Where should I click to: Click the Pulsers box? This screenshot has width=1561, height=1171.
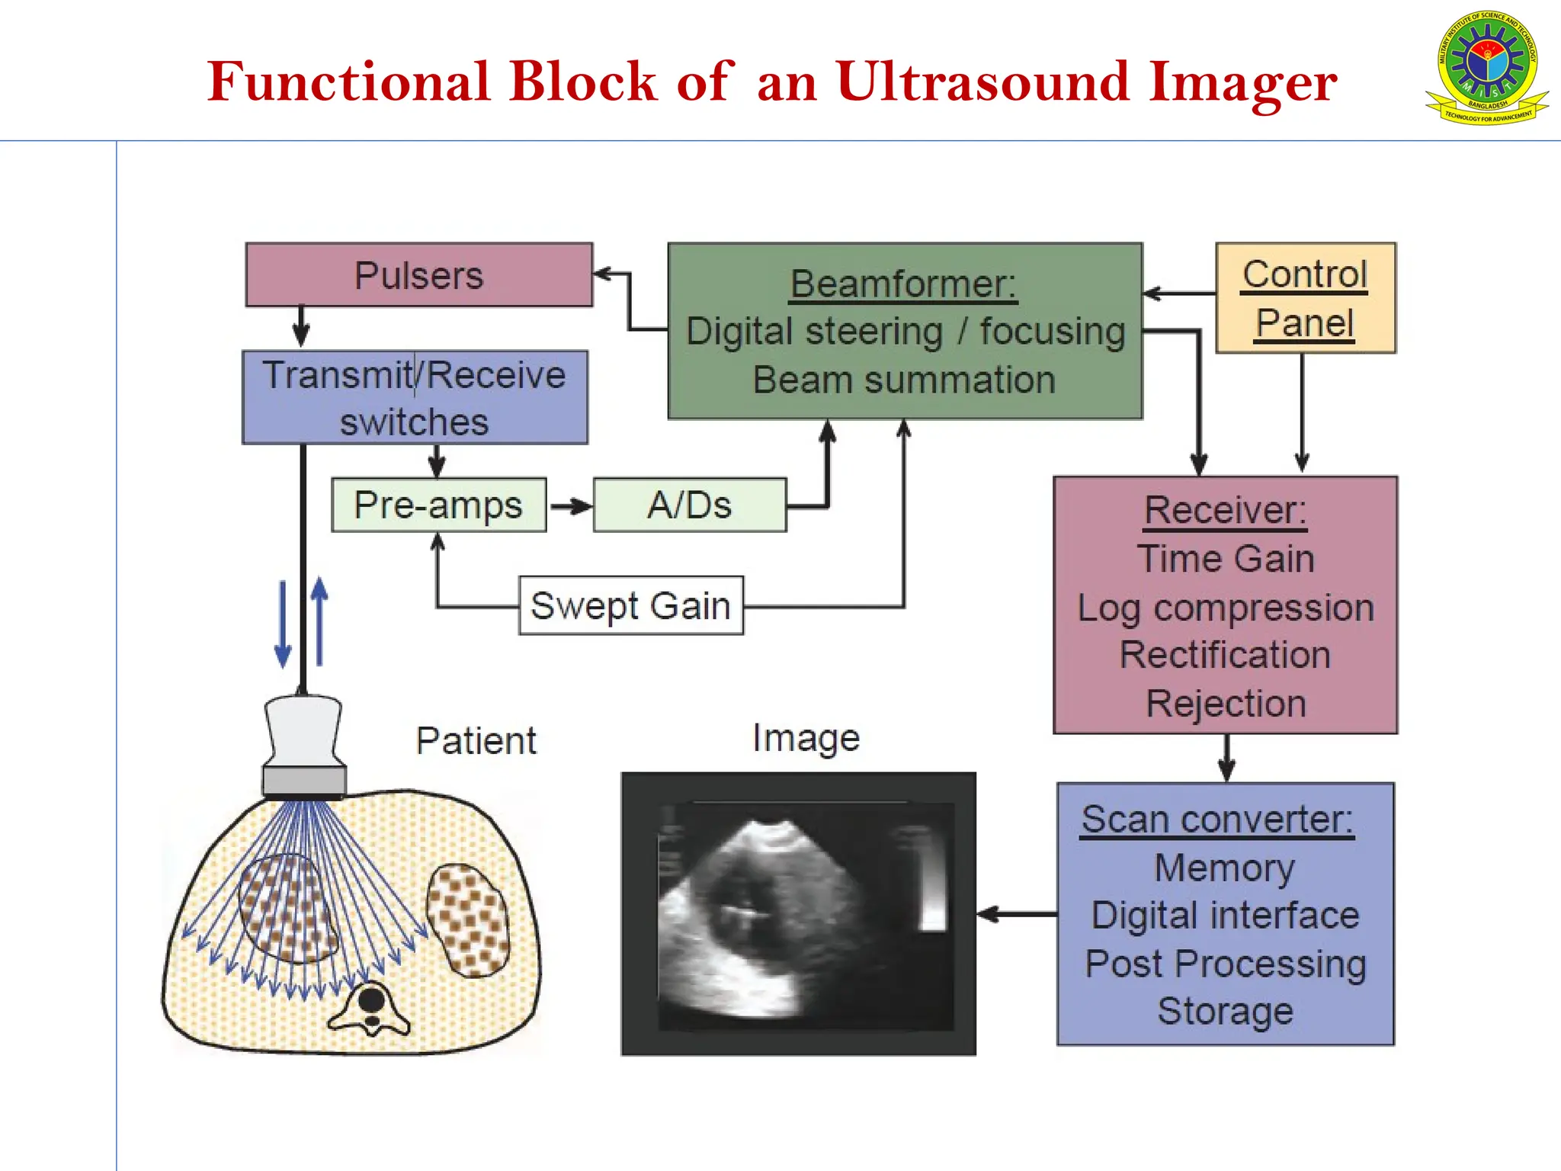coord(418,275)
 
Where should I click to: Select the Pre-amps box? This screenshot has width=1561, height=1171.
coord(438,505)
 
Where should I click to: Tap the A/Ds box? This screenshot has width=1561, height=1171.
coord(689,505)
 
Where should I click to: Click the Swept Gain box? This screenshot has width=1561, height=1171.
coord(630,606)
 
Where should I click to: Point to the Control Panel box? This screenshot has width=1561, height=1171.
coord(1305,298)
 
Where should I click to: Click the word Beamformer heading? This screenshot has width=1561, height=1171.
coord(903,284)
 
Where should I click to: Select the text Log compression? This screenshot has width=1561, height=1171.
coord(1225,608)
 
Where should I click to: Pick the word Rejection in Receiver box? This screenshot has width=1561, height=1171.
coord(1226,703)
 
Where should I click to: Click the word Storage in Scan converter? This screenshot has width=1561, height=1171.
coord(1225,1012)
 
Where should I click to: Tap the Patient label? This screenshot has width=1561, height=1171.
coord(476,741)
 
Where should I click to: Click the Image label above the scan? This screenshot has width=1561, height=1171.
coord(806,738)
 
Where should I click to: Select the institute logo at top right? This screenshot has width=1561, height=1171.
coord(1486,69)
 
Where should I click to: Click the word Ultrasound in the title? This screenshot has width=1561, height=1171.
coord(982,82)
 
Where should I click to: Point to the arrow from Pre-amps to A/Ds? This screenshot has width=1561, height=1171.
coord(570,506)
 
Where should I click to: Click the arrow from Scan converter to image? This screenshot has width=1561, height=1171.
coord(1016,914)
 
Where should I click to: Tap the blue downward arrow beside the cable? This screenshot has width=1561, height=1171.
coord(283,625)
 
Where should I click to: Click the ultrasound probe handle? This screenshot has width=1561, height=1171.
coord(303,730)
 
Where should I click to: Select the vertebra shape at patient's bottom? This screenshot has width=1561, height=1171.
coord(370,1009)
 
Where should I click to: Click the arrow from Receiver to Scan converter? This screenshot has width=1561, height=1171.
coord(1226,759)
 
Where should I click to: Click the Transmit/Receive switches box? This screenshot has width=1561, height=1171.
coord(415,398)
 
